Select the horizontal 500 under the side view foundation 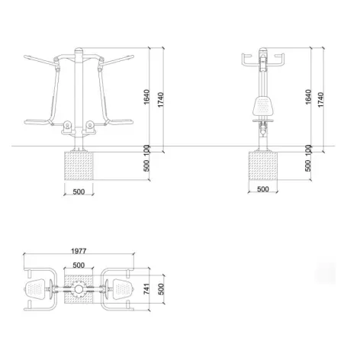pos(262,188)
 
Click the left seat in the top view pos(37,289)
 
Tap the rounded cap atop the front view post pos(76,53)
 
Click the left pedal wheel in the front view pos(66,123)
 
